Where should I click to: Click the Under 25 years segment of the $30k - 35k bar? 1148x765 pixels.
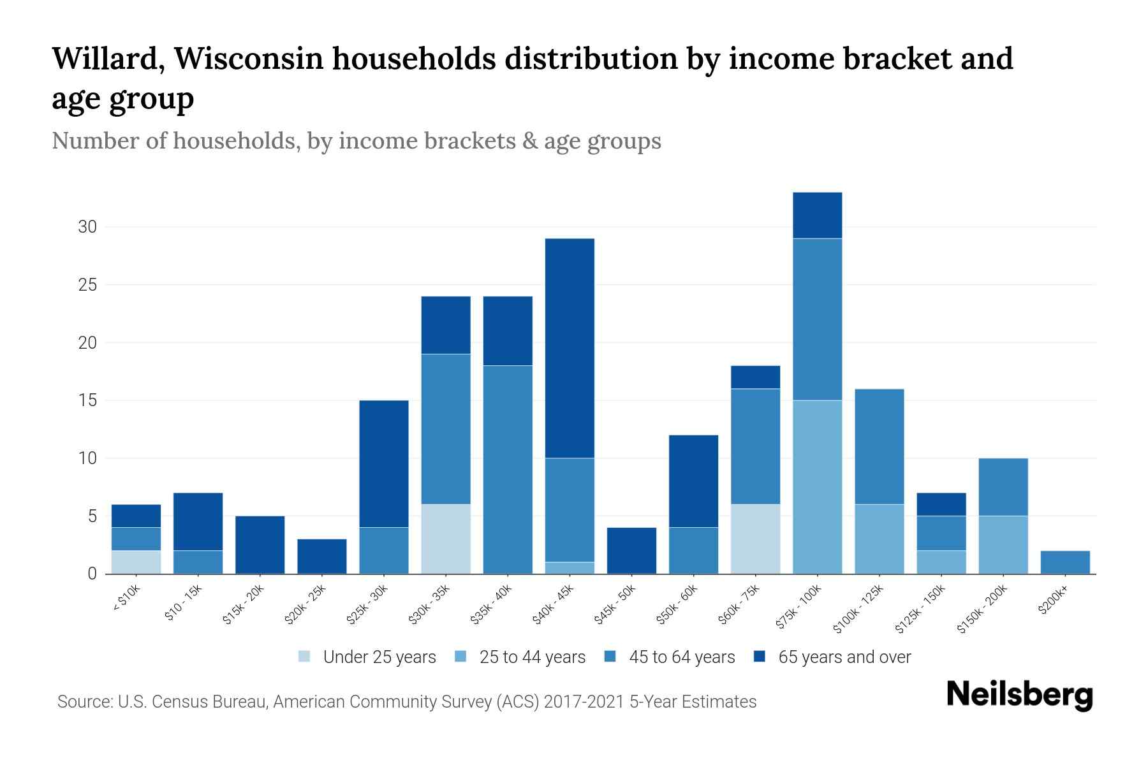click(x=446, y=539)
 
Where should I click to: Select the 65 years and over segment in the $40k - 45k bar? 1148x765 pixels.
click(x=570, y=348)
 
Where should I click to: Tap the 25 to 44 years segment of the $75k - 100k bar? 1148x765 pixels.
click(x=817, y=486)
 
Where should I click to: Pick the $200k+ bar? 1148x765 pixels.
click(x=1064, y=562)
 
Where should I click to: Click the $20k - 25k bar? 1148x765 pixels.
click(x=322, y=557)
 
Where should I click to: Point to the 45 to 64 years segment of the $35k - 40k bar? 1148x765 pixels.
click(x=508, y=469)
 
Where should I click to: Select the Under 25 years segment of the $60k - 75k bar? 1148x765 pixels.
click(x=755, y=539)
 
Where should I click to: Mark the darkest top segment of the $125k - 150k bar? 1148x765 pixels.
click(x=941, y=504)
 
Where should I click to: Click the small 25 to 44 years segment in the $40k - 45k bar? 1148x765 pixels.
click(x=570, y=567)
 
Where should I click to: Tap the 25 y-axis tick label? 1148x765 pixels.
click(x=88, y=285)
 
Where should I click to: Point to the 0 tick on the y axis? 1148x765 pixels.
click(x=92, y=574)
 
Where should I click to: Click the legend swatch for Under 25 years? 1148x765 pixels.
click(x=305, y=657)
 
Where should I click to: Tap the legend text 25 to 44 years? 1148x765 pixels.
click(x=532, y=657)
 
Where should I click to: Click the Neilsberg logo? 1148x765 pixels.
click(x=1019, y=696)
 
